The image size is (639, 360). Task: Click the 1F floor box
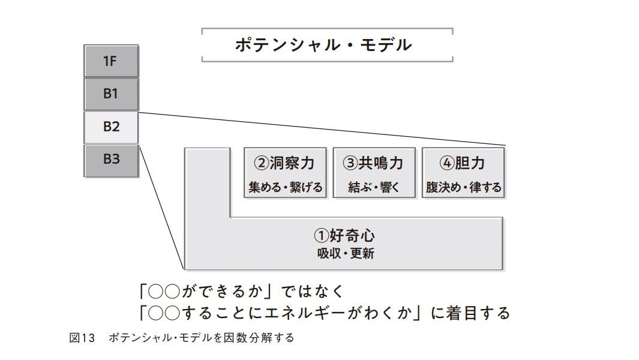coord(111,61)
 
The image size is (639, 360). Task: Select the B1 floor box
coord(111,94)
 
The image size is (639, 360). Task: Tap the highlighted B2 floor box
coord(111,127)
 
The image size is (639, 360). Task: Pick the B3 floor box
coord(111,160)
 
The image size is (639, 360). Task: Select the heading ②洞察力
coord(285,163)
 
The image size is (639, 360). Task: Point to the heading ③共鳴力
coord(373,163)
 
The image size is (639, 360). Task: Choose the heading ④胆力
coord(463,163)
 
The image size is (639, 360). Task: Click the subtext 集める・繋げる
coord(285,187)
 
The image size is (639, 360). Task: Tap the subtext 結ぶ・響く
coord(373,187)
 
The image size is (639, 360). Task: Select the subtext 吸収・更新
coord(345,254)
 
